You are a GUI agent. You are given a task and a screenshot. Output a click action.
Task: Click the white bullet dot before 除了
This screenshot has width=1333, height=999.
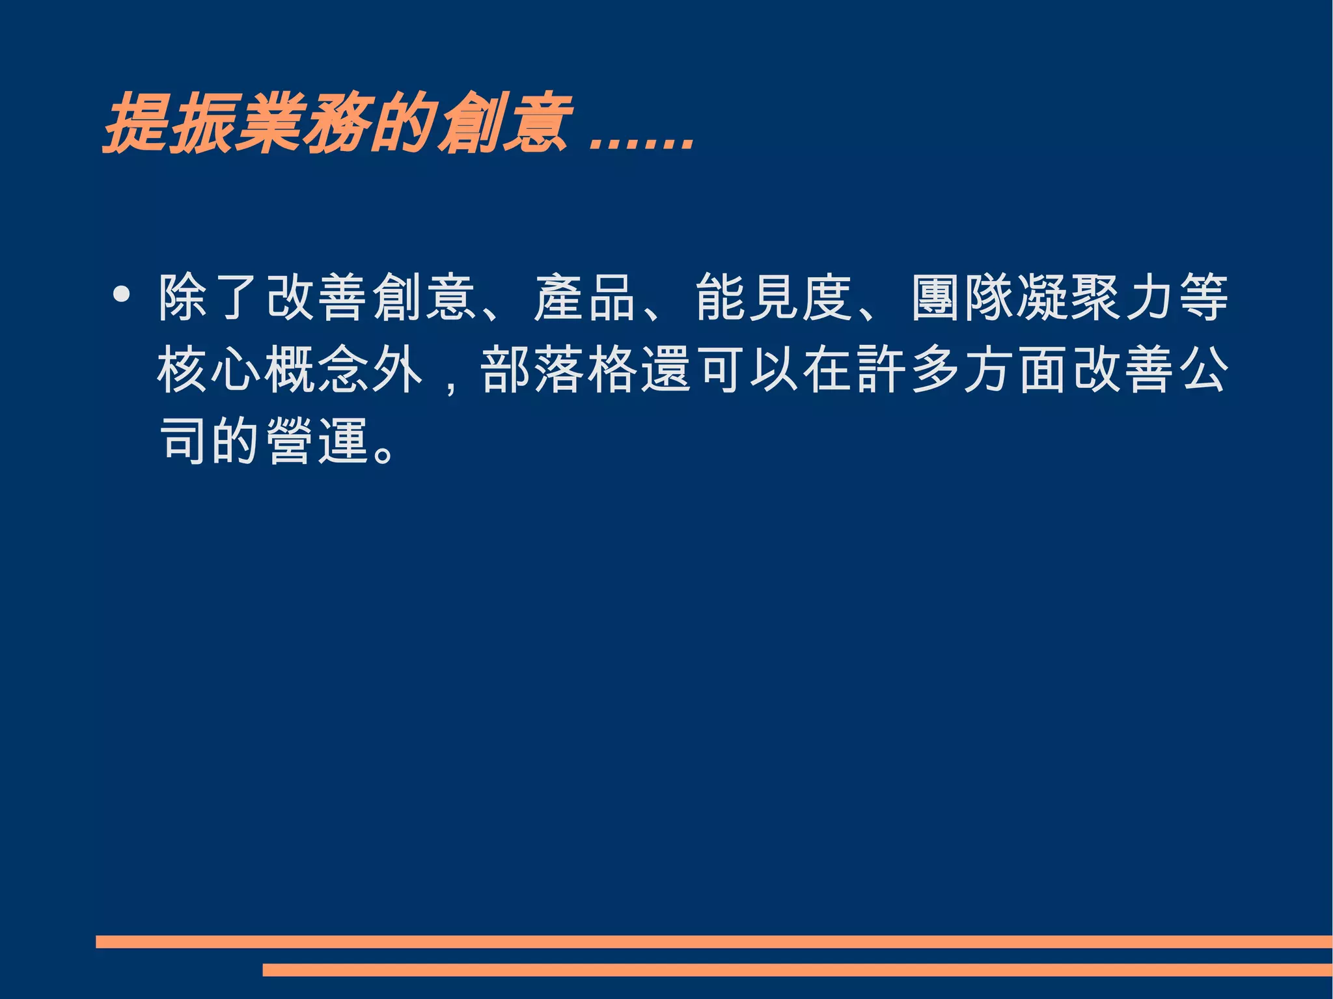click(121, 295)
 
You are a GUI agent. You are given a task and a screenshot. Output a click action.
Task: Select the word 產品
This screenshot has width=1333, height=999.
click(584, 297)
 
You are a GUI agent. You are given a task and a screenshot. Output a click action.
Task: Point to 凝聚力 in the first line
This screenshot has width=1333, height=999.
click(1095, 297)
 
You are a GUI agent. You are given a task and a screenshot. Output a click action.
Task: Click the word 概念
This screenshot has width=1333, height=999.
click(317, 370)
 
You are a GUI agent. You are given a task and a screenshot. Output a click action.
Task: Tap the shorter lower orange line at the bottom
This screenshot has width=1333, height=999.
click(797, 970)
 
